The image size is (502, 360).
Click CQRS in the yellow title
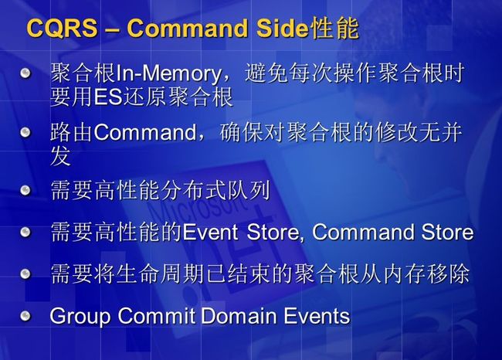pyautogui.click(x=62, y=28)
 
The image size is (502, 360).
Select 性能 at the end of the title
pyautogui.click(x=334, y=28)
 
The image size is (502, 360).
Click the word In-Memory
pyautogui.click(x=168, y=74)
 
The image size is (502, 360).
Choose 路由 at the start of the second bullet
pyautogui.click(x=72, y=132)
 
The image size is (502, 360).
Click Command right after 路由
pyautogui.click(x=145, y=132)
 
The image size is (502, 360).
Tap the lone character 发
pyautogui.click(x=61, y=156)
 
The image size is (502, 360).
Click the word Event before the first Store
pyautogui.click(x=210, y=232)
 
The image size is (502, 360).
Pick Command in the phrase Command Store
pyautogui.click(x=364, y=232)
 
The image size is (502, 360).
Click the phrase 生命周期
pyautogui.click(x=161, y=273)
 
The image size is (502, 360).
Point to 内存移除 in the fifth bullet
pyautogui.click(x=426, y=273)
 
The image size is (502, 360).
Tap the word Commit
pyautogui.click(x=156, y=316)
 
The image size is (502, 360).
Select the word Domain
pyautogui.click(x=239, y=316)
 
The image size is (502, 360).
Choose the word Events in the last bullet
pyautogui.click(x=317, y=316)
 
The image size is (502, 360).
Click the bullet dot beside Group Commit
pyautogui.click(x=25, y=316)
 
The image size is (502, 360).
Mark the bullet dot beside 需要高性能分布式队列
pyautogui.click(x=25, y=191)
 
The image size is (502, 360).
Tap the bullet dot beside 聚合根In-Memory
pyautogui.click(x=25, y=73)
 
